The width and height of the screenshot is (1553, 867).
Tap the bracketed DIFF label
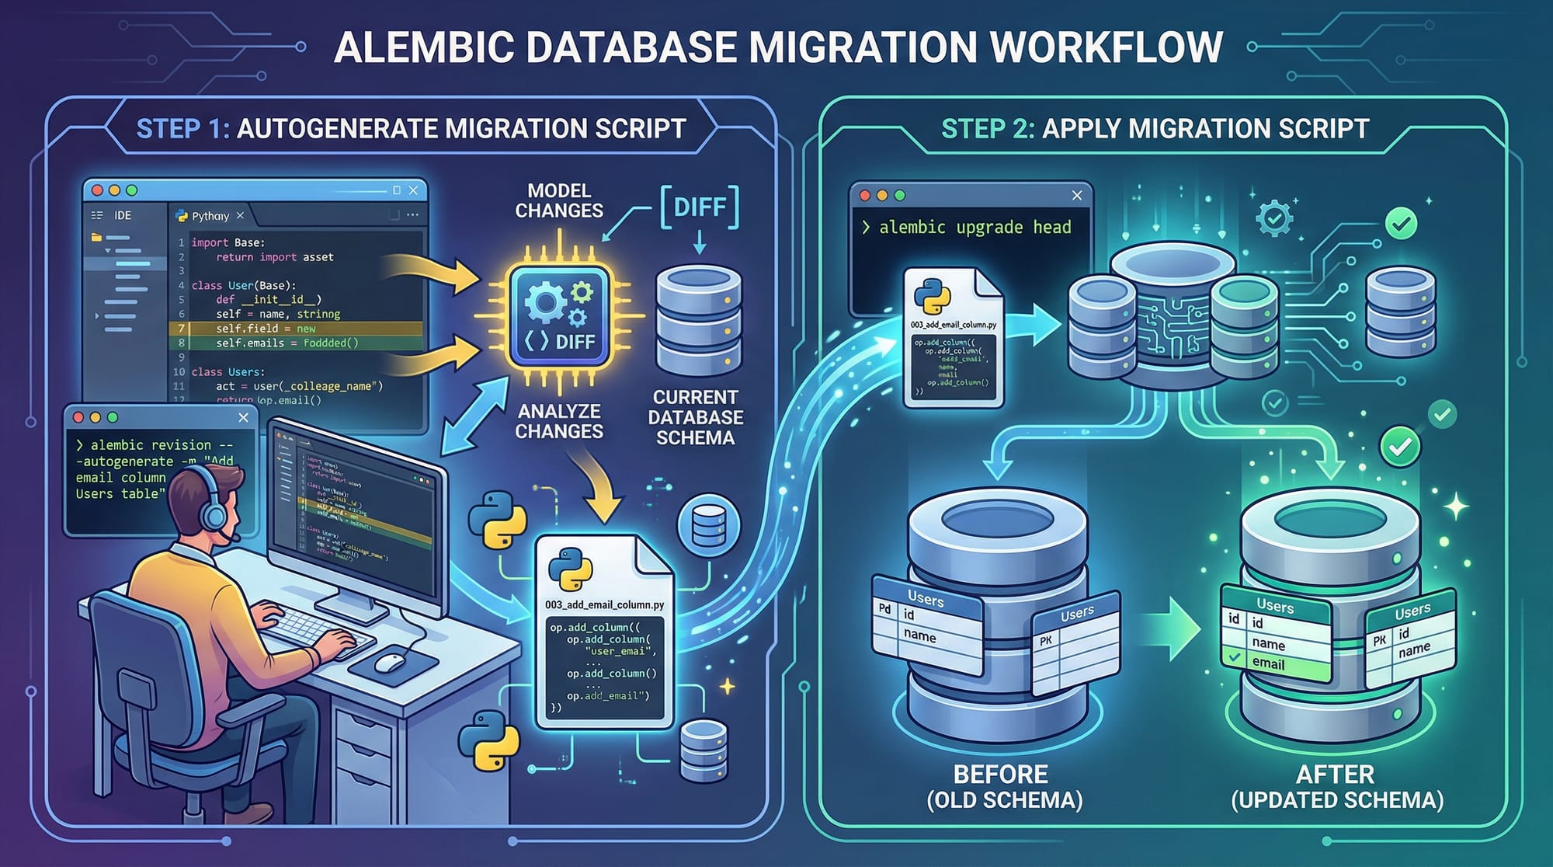pos(699,207)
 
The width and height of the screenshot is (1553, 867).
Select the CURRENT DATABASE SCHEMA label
pos(695,417)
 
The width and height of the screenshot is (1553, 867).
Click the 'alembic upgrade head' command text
pos(975,227)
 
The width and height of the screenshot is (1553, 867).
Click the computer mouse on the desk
pos(390,662)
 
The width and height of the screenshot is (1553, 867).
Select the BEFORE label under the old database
pos(1000,775)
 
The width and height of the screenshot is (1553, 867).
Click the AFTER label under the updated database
pos(1336,775)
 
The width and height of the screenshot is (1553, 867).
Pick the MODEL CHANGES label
pos(559,200)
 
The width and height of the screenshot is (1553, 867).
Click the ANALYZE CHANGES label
pos(559,421)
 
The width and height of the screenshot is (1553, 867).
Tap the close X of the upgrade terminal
pos(1076,196)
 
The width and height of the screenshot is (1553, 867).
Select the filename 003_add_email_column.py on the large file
pos(604,604)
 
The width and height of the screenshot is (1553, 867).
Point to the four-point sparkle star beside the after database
pos(1455,507)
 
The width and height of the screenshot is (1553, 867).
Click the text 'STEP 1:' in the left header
pos(182,128)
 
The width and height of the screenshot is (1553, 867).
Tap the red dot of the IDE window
pos(97,190)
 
